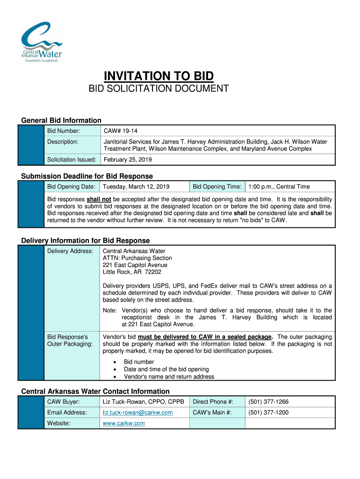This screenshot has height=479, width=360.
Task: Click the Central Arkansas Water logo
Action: click(x=41, y=43)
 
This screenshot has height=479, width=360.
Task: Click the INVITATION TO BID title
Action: click(x=158, y=76)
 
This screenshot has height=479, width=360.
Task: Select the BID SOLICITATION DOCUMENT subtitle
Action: click(x=159, y=88)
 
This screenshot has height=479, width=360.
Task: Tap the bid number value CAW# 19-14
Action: click(x=117, y=131)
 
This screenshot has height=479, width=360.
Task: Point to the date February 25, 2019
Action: click(x=128, y=160)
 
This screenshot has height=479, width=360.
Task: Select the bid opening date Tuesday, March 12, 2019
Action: click(x=136, y=187)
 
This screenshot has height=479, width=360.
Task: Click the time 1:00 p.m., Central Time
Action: click(x=279, y=187)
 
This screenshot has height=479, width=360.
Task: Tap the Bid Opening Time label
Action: click(x=217, y=187)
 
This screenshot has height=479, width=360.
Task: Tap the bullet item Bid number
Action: click(x=139, y=362)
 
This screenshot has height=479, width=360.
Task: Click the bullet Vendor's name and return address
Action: click(x=169, y=377)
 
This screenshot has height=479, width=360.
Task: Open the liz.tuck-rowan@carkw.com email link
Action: click(x=138, y=413)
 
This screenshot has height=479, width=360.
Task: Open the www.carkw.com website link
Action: click(x=124, y=423)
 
